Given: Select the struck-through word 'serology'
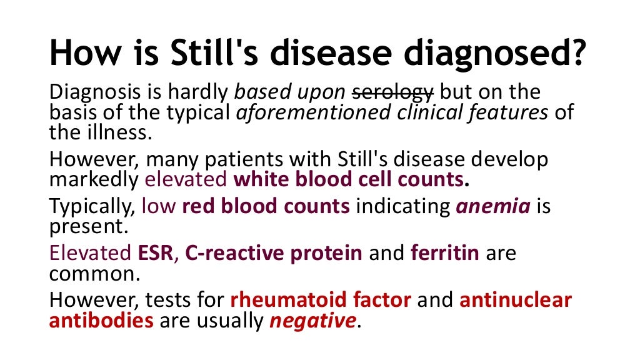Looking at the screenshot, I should tap(392, 92).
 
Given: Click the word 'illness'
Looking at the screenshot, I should tap(118, 132).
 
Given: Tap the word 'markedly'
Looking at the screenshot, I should tap(94, 180).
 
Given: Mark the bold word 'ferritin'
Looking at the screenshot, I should tap(445, 254).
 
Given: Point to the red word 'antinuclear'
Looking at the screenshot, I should tap(516, 301).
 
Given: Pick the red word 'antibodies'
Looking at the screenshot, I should tap(101, 321).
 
